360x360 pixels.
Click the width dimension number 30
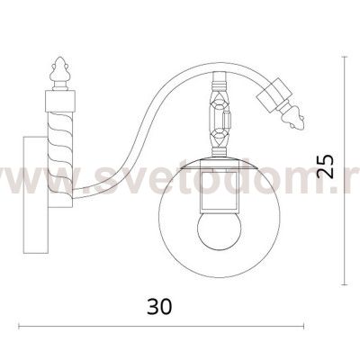click(x=159, y=306)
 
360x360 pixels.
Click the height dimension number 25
click(x=325, y=166)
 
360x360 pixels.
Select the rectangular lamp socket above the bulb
click(x=220, y=192)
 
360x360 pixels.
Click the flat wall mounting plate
click(x=35, y=194)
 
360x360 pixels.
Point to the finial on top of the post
click(x=60, y=74)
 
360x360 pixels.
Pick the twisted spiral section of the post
click(x=60, y=159)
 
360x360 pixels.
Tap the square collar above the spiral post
click(x=60, y=101)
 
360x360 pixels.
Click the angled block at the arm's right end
click(x=274, y=94)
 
